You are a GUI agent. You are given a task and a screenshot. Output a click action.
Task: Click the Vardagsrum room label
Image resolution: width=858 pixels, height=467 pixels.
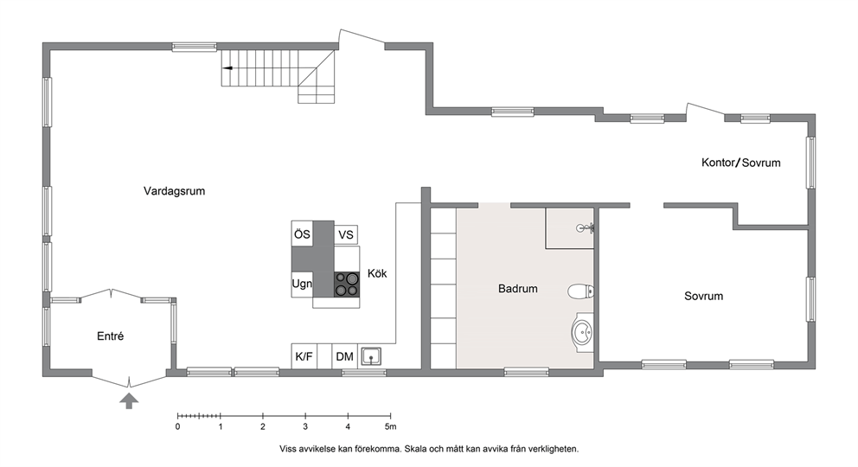[175, 191]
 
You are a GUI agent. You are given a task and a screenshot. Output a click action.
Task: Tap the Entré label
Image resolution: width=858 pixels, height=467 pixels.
[110, 336]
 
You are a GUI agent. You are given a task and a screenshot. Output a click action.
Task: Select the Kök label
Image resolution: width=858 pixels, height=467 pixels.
[377, 273]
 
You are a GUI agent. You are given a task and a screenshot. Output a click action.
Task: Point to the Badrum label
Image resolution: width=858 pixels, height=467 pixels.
[517, 289]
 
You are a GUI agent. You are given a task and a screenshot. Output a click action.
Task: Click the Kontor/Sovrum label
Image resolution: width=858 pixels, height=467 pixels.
[741, 163]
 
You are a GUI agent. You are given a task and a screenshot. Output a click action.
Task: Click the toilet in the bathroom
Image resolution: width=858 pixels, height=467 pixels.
[580, 291]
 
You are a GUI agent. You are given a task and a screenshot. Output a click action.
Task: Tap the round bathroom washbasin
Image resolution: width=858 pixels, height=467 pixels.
[582, 332]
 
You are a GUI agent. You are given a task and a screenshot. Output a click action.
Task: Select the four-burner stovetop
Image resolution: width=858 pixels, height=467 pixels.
[347, 285]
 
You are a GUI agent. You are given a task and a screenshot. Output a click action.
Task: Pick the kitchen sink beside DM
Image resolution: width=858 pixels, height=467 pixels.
[371, 356]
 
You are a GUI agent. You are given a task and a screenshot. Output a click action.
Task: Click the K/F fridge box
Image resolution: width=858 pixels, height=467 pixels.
[304, 356]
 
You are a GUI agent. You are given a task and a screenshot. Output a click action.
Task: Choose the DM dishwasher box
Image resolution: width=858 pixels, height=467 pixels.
[345, 356]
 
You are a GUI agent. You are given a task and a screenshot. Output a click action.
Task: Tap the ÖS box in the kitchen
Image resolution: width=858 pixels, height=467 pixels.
[302, 234]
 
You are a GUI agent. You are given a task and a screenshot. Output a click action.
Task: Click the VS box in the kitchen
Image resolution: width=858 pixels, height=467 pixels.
[346, 234]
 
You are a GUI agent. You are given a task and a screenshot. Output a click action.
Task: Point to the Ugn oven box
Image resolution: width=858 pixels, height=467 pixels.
[302, 285]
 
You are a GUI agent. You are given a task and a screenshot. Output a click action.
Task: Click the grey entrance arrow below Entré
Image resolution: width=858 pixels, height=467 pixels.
[129, 400]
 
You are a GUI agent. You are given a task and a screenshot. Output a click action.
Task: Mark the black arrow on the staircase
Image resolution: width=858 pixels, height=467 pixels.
[227, 68]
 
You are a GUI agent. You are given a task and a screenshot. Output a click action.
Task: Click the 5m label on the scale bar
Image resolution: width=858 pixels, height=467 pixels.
[390, 426]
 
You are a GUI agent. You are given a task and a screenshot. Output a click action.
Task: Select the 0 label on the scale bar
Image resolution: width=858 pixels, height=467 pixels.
[178, 426]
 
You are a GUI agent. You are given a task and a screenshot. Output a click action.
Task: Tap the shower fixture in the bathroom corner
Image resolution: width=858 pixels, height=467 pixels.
[586, 228]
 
